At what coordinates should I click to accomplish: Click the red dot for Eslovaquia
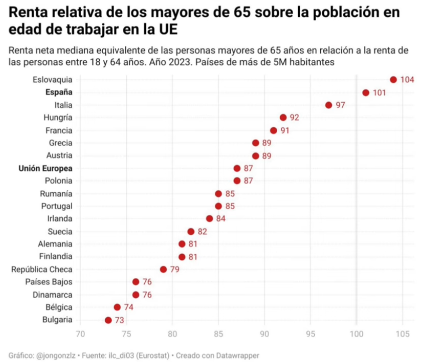click(x=393, y=80)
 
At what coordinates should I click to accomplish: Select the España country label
click(x=59, y=92)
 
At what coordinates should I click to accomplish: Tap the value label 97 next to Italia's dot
click(x=341, y=105)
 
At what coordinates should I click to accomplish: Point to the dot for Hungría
click(x=283, y=117)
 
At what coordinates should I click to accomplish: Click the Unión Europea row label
click(x=46, y=168)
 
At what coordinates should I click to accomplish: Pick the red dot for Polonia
click(x=237, y=180)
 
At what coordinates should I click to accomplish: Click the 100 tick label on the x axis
click(x=356, y=333)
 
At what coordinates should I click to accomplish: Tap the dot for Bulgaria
click(x=108, y=320)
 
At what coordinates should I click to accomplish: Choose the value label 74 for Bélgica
click(x=129, y=307)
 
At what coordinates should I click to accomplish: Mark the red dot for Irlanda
click(x=209, y=218)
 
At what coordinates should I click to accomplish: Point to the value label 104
click(x=407, y=80)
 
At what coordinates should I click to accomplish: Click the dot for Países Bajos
click(x=136, y=282)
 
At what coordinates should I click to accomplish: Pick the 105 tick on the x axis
click(x=402, y=333)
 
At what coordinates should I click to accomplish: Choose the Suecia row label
click(x=60, y=231)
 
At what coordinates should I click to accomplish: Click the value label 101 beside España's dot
click(x=379, y=93)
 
